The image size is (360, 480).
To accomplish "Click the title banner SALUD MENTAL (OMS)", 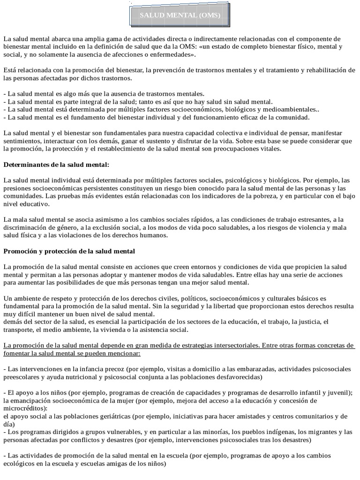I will [x=180, y=15].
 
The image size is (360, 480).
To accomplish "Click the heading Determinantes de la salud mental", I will [x=56, y=165].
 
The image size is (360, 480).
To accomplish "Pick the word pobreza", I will [x=292, y=196].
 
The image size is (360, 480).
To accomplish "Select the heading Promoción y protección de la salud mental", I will [x=69, y=251].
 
